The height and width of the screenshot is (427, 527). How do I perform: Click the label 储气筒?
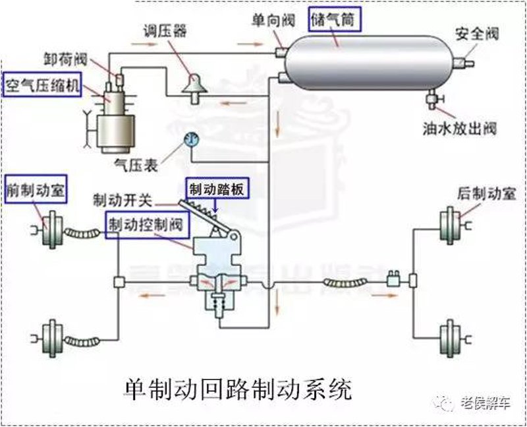coord(333,20)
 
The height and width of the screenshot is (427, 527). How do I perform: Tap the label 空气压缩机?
coord(42,84)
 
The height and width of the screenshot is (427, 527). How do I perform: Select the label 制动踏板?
coord(217,189)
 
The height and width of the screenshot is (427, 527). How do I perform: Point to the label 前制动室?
coord(36,189)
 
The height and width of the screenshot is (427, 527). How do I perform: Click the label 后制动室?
coord(486,194)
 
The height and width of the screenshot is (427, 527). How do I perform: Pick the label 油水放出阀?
coord(459,128)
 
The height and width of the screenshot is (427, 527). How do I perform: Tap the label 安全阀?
coord(477,34)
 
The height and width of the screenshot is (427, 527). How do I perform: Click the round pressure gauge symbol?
coord(192,139)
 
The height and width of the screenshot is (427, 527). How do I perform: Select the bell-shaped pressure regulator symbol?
coord(194,87)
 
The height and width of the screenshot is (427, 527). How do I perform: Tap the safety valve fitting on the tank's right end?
coord(464,63)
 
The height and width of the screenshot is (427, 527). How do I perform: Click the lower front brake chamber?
coord(51,339)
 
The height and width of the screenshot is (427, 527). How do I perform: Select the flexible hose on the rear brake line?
coord(345,282)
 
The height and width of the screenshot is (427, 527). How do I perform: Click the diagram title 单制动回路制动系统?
coord(238,390)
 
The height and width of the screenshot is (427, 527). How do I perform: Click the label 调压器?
coord(165,31)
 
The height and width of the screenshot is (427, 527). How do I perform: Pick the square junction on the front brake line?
coord(119,282)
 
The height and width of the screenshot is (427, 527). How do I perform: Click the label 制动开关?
coord(123,201)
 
